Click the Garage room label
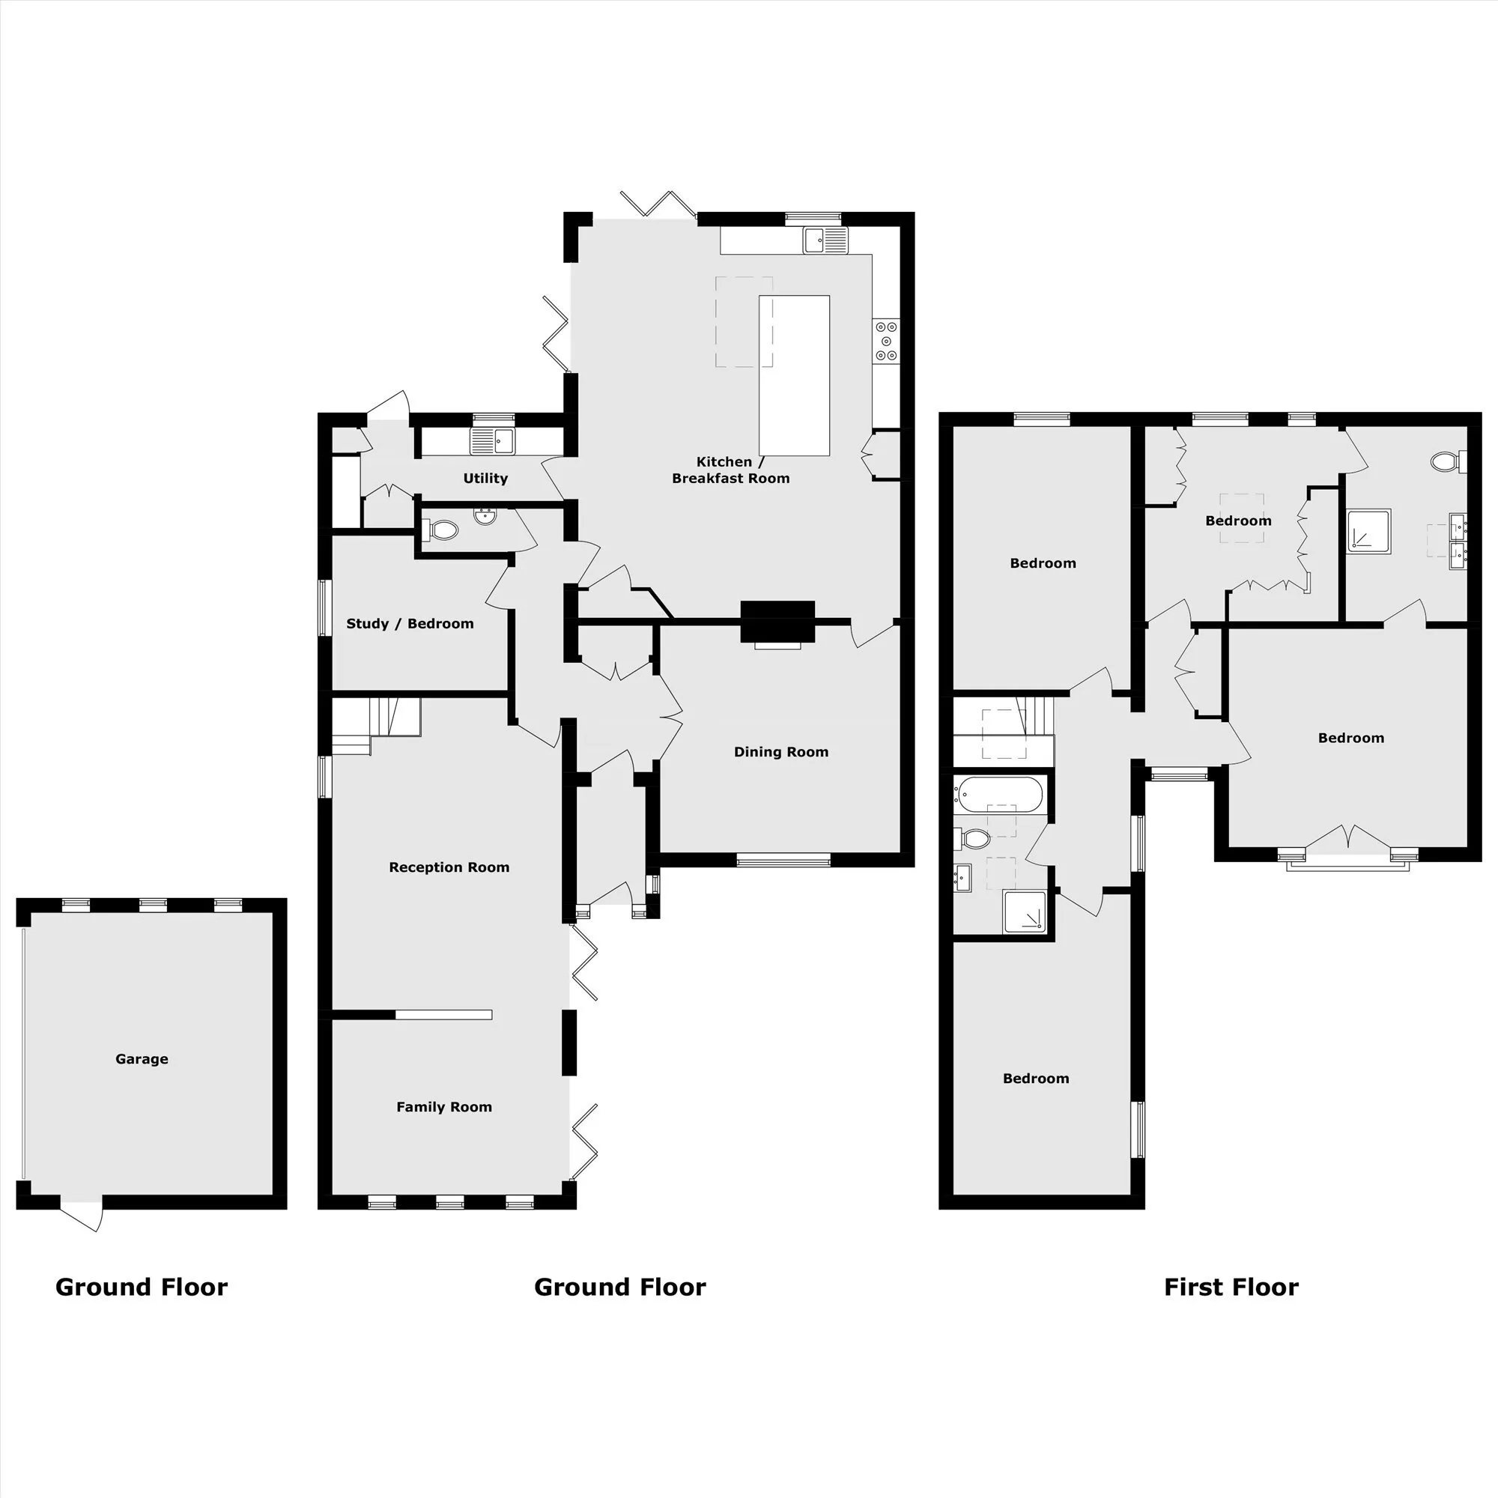coord(142,1059)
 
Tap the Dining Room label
coord(780,752)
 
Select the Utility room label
coord(485,479)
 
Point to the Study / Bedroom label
coord(410,623)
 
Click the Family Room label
coord(444,1107)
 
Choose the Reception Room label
coord(449,867)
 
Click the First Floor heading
coord(1231,1288)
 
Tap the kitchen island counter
coord(794,375)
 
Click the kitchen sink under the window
coord(825,240)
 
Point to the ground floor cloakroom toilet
coord(441,530)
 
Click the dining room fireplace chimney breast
coord(777,622)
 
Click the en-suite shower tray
coord(1369,531)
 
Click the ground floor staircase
coord(376,726)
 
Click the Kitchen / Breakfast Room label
coord(730,470)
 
